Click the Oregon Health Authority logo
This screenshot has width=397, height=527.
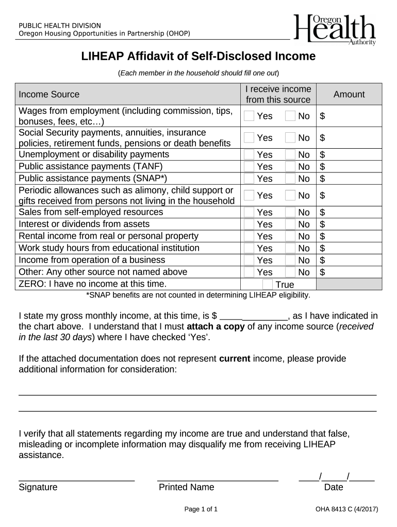(x=335, y=29)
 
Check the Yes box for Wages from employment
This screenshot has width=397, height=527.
(x=249, y=116)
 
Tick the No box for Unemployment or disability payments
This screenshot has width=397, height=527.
(x=290, y=154)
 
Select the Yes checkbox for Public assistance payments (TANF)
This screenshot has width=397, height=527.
(x=249, y=166)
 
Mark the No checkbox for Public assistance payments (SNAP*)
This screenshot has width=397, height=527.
(x=290, y=179)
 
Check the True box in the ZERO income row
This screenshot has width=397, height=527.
(x=268, y=285)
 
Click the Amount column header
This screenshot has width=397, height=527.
(x=349, y=94)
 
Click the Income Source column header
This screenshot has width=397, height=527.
(x=49, y=94)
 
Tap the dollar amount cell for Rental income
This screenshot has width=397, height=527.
(x=349, y=236)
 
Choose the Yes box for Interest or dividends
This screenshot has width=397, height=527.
(x=249, y=224)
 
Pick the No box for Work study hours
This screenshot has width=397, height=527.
(x=290, y=248)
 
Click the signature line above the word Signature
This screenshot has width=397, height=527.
(x=76, y=479)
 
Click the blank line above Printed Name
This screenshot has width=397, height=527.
(x=217, y=479)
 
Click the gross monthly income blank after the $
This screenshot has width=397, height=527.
(x=254, y=316)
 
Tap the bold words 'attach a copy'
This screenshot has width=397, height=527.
(x=216, y=327)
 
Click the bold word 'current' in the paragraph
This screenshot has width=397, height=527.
(x=235, y=359)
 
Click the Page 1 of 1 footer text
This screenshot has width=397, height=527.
(x=201, y=510)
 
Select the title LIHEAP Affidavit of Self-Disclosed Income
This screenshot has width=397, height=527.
(x=198, y=57)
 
